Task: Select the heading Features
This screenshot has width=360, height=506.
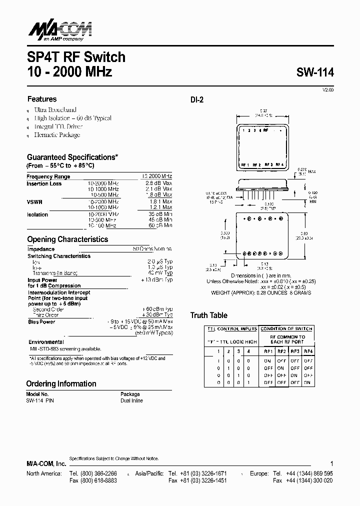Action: tap(42, 99)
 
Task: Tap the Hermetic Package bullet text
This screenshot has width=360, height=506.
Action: tap(56, 135)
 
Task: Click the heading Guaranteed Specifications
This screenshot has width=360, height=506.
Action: tap(72, 157)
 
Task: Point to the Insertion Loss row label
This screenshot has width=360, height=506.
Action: tap(44, 184)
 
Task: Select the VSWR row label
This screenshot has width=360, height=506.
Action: tap(34, 202)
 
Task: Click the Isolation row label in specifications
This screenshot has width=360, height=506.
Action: tap(37, 214)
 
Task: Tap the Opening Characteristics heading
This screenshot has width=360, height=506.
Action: tap(67, 239)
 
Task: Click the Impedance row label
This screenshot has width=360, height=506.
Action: tap(41, 249)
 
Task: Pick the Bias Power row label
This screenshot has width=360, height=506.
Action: tap(41, 322)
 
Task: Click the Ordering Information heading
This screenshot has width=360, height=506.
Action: tap(61, 384)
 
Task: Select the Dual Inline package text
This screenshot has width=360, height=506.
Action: tap(131, 400)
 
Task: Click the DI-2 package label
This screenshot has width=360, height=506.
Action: tap(196, 99)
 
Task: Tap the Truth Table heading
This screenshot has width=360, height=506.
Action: tap(208, 315)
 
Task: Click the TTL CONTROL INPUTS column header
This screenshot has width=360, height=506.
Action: tap(231, 329)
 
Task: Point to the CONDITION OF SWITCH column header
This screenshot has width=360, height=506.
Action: tap(286, 329)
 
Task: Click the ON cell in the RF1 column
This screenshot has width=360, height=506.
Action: tap(267, 360)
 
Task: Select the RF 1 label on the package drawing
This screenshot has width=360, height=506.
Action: tap(245, 164)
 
